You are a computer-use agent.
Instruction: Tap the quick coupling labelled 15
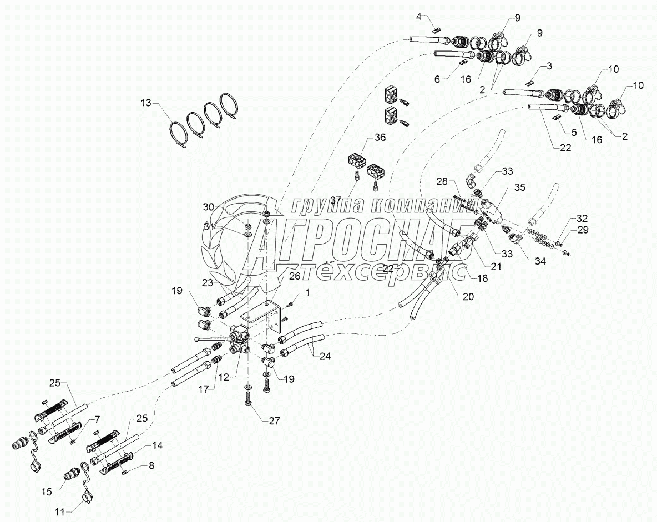pos(73,475)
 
